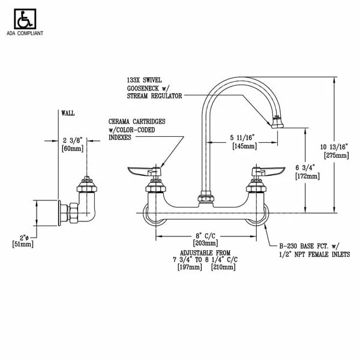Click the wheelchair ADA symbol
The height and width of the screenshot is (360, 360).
(x=25, y=19)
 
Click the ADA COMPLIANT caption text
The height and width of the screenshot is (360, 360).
(x=25, y=33)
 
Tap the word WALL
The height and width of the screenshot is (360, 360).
(x=68, y=113)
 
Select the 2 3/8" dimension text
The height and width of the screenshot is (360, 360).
(x=73, y=140)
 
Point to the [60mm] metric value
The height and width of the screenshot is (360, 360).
(x=73, y=149)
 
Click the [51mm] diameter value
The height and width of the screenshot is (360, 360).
(x=23, y=244)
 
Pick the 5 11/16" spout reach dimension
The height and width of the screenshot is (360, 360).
(x=242, y=137)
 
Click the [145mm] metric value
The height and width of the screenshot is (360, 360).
(x=244, y=146)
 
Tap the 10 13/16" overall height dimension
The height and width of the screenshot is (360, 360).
(x=334, y=147)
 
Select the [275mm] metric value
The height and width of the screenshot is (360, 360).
(x=337, y=155)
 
